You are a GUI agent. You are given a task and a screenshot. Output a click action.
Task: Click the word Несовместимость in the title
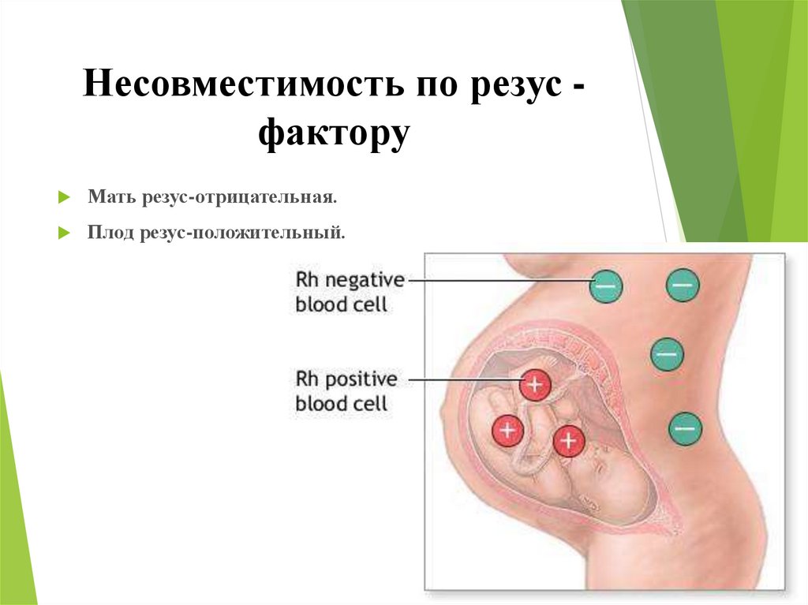pyautogui.click(x=243, y=84)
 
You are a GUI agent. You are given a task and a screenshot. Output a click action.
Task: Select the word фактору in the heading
pyautogui.click(x=334, y=134)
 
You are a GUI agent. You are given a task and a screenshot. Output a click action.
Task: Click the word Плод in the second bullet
pyautogui.click(x=110, y=232)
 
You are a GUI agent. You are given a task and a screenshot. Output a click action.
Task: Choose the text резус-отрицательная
pyautogui.click(x=239, y=198)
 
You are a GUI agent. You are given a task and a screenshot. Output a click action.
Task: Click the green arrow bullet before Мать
pyautogui.click(x=64, y=197)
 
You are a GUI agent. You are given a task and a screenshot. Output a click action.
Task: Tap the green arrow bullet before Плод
pyautogui.click(x=64, y=233)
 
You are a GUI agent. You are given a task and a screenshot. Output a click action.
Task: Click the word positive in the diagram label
pyautogui.click(x=361, y=379)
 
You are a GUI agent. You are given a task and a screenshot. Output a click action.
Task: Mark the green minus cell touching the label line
pyautogui.click(x=606, y=286)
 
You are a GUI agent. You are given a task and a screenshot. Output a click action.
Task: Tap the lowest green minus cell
pyautogui.click(x=685, y=429)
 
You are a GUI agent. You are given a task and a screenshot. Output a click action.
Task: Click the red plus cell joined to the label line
pyautogui.click(x=535, y=384)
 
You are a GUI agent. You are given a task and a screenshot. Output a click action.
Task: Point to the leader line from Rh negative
pyautogui.click(x=499, y=281)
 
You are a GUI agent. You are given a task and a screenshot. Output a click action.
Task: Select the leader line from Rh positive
pyautogui.click(x=464, y=380)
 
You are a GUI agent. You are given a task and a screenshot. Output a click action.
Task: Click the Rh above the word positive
pyautogui.click(x=307, y=379)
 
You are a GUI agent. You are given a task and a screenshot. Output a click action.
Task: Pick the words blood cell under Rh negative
pyautogui.click(x=341, y=304)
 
